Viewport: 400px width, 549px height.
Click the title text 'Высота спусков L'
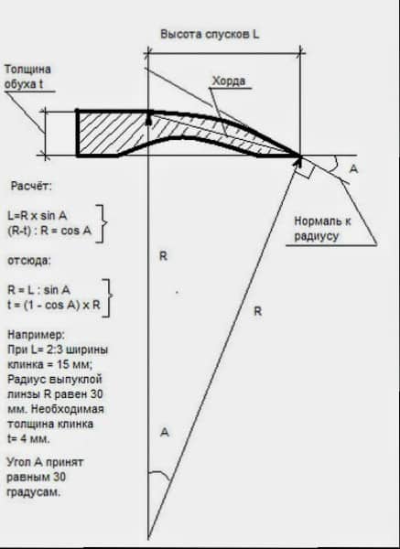[210, 35]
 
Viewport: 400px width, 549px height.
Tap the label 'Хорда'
[229, 81]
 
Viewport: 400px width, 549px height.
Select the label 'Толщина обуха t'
[27, 77]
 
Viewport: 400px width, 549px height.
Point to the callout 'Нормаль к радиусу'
[322, 228]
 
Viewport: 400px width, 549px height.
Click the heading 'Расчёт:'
[31, 186]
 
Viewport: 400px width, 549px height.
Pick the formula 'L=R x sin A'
[38, 216]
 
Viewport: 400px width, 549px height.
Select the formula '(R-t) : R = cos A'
[49, 231]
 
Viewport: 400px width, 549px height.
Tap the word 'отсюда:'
[29, 261]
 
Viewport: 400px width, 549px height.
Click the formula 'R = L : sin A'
[38, 290]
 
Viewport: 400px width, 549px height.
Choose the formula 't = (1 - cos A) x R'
[54, 305]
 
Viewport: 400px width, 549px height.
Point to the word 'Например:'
[36, 335]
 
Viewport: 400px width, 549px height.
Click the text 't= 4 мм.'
[28, 438]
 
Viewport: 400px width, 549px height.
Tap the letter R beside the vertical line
[163, 256]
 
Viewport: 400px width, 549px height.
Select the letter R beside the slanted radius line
[257, 311]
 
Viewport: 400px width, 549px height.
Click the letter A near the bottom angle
[164, 433]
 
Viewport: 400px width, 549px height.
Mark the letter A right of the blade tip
[354, 168]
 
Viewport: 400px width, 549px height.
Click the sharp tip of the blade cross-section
[300, 156]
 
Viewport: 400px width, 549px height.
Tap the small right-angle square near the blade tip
[304, 168]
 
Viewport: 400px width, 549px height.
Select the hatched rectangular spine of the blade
[112, 134]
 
